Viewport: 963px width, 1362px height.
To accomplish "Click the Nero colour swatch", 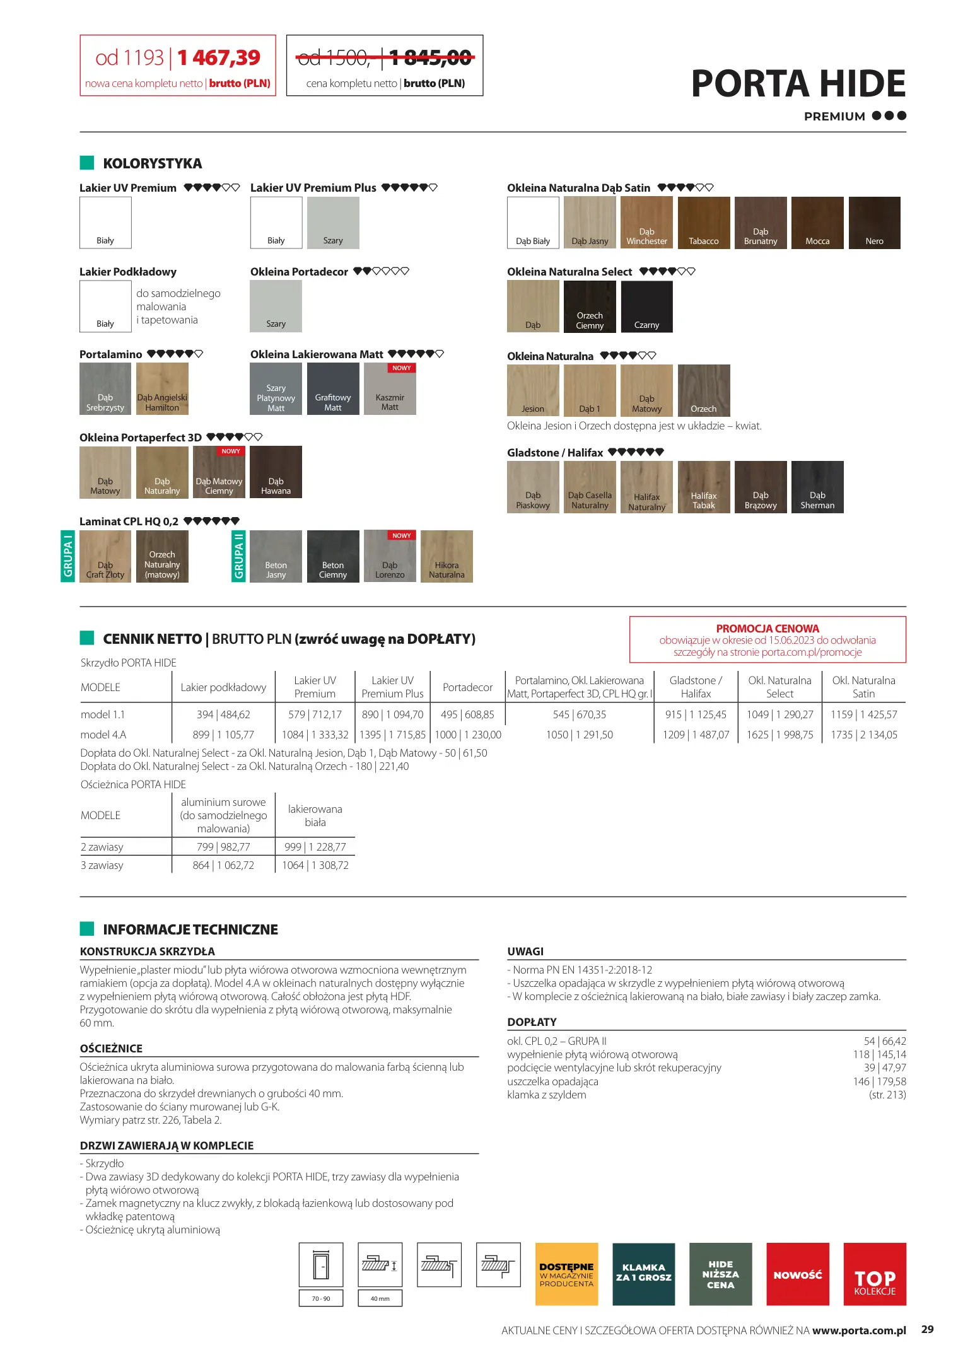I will coord(874,223).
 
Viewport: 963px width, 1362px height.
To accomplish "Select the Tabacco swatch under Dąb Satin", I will coord(703,223).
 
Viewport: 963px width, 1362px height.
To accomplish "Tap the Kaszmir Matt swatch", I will coord(390,389).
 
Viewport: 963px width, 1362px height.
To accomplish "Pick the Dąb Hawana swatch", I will coord(276,472).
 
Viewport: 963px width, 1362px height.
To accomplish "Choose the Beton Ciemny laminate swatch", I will coord(332,556).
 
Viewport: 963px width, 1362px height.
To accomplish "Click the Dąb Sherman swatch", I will coord(817,487).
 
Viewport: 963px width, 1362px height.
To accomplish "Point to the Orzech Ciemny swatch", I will coord(590,306).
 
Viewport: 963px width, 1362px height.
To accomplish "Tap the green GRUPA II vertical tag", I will coord(238,556).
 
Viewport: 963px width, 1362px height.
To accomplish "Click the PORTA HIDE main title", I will coord(798,84).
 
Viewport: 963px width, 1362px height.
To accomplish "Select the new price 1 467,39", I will coord(219,58).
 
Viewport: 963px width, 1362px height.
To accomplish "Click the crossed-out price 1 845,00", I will coord(430,59).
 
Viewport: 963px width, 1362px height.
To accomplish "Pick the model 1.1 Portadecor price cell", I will coord(467,714).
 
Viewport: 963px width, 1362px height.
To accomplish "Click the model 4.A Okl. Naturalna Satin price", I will coord(863,735).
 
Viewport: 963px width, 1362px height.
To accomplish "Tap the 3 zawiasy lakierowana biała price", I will coord(315,865).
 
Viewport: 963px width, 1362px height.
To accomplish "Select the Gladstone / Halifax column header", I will coord(696,687).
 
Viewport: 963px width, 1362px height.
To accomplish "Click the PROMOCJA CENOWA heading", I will coord(767,629).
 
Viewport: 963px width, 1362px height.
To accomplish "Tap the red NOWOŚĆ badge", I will coord(797,1274).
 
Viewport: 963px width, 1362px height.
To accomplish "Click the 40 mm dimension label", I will coord(380,1298).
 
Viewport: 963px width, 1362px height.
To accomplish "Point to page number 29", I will coord(927,1329).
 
